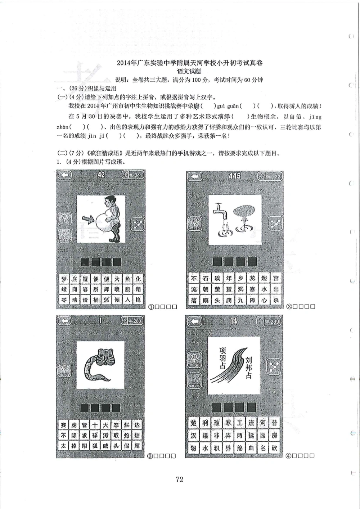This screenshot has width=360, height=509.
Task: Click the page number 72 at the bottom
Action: [x=179, y=479]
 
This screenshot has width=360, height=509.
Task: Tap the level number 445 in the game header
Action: [x=235, y=176]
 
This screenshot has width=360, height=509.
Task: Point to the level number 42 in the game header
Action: [x=101, y=175]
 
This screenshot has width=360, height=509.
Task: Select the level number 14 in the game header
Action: [x=234, y=321]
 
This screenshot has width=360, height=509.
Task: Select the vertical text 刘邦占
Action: [x=248, y=368]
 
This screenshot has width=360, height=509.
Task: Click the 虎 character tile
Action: [x=74, y=425]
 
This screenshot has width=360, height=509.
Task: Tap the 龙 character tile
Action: [x=252, y=278]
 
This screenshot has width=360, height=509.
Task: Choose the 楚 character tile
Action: [x=194, y=423]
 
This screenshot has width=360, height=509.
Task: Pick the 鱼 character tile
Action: [x=127, y=279]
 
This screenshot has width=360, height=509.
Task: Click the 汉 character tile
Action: [x=194, y=436]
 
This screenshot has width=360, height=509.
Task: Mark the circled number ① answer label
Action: [x=151, y=307]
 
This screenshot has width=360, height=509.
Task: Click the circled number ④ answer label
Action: [x=288, y=456]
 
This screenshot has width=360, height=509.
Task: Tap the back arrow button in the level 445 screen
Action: [x=195, y=176]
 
